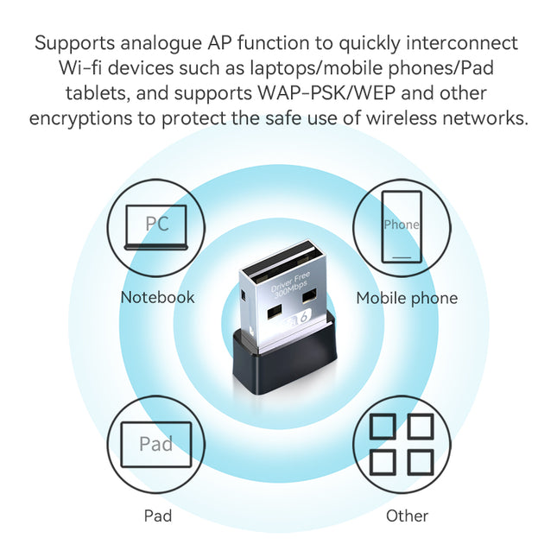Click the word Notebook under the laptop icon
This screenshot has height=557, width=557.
tap(157, 298)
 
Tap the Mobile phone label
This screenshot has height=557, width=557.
tap(407, 299)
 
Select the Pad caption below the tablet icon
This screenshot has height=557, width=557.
tap(157, 516)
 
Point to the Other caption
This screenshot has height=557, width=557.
tap(407, 516)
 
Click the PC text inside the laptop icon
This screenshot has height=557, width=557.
tap(157, 225)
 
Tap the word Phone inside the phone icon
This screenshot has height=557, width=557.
tap(402, 225)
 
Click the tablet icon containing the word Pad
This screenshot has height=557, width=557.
tap(156, 445)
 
